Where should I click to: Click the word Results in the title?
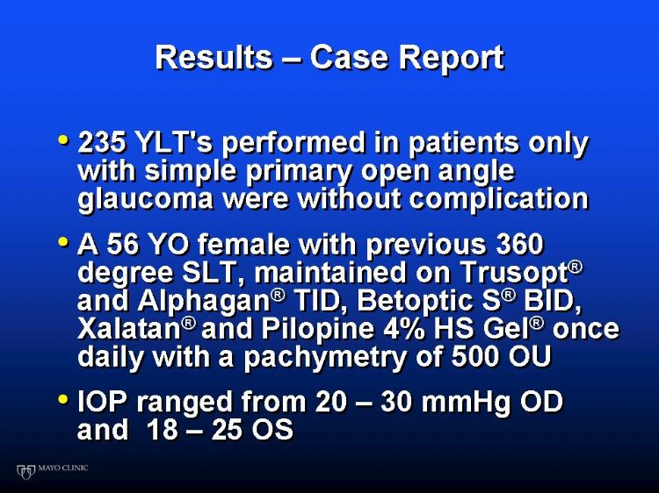(x=214, y=57)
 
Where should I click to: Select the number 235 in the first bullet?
(x=101, y=142)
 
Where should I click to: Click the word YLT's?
(x=175, y=142)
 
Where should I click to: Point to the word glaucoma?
(x=145, y=199)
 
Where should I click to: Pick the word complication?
(x=498, y=199)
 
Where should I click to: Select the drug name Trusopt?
(x=515, y=274)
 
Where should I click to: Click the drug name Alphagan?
(x=204, y=302)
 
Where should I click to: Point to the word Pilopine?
(x=317, y=330)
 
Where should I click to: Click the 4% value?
(x=403, y=329)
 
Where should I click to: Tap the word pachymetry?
(x=325, y=358)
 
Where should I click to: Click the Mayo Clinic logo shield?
(x=25, y=471)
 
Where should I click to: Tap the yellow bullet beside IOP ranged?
(x=63, y=398)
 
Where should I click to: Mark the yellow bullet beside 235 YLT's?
(x=63, y=139)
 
